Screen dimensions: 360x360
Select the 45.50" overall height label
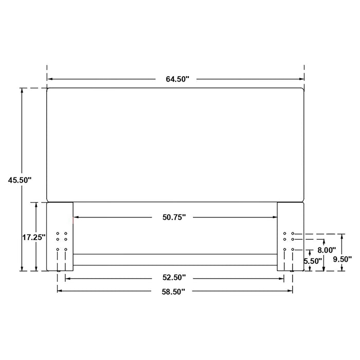(20, 180)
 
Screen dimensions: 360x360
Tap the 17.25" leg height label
(34, 237)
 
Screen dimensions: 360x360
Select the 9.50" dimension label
(341, 259)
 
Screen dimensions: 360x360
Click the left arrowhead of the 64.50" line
(50, 79)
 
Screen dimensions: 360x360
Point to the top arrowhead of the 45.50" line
(22, 91)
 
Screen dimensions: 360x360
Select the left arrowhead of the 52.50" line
(67, 278)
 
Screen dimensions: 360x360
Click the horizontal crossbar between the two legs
(175, 259)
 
